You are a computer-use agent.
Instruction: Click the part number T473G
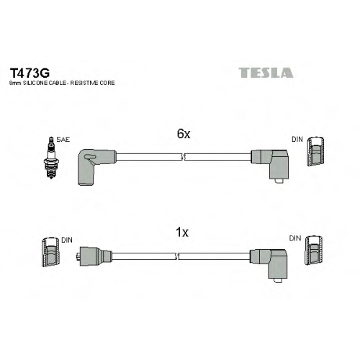(30, 73)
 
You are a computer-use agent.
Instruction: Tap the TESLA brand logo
(266, 73)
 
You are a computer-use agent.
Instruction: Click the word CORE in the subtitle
(107, 83)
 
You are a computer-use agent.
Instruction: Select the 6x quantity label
(184, 134)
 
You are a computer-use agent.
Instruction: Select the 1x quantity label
(182, 233)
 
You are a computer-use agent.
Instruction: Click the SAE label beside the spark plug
(63, 140)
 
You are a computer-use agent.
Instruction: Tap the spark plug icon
(50, 158)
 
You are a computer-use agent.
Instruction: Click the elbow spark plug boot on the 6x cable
(96, 166)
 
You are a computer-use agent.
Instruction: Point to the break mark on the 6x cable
(183, 157)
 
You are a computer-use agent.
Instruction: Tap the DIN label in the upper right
(297, 139)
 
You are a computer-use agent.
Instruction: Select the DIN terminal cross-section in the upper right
(316, 152)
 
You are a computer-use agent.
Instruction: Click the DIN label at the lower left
(67, 240)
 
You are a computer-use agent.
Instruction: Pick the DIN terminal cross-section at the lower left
(50, 252)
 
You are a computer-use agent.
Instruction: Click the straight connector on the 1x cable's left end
(94, 256)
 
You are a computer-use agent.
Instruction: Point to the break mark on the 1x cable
(177, 256)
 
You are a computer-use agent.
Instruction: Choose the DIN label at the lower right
(295, 238)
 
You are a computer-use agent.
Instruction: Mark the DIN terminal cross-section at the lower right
(314, 251)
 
